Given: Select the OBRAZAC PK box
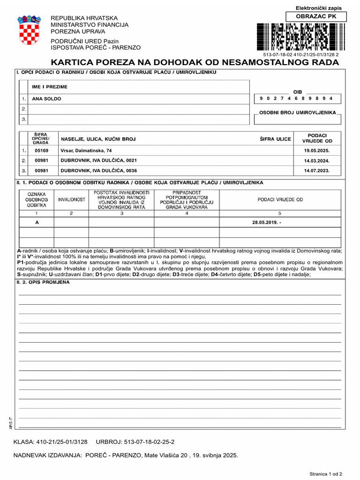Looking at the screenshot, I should pos(316,17).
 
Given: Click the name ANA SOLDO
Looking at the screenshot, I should pos(46,99).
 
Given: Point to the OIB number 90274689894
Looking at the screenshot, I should pos(296,98).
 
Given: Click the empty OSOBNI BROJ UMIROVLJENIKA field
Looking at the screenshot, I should pos(298,120).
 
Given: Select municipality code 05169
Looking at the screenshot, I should pos(41,150).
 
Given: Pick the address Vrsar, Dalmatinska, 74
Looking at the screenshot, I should pos(86,150).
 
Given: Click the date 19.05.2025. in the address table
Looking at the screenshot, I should pos(317,150).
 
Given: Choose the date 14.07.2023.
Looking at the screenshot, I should pos(317,171).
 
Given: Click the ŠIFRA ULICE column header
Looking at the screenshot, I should pos(275,139).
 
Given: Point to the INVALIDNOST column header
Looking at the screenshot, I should pos(71,200).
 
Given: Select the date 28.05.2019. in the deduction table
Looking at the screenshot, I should pos(266,222).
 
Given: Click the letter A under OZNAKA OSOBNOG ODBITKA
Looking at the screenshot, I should pos(37,222).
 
